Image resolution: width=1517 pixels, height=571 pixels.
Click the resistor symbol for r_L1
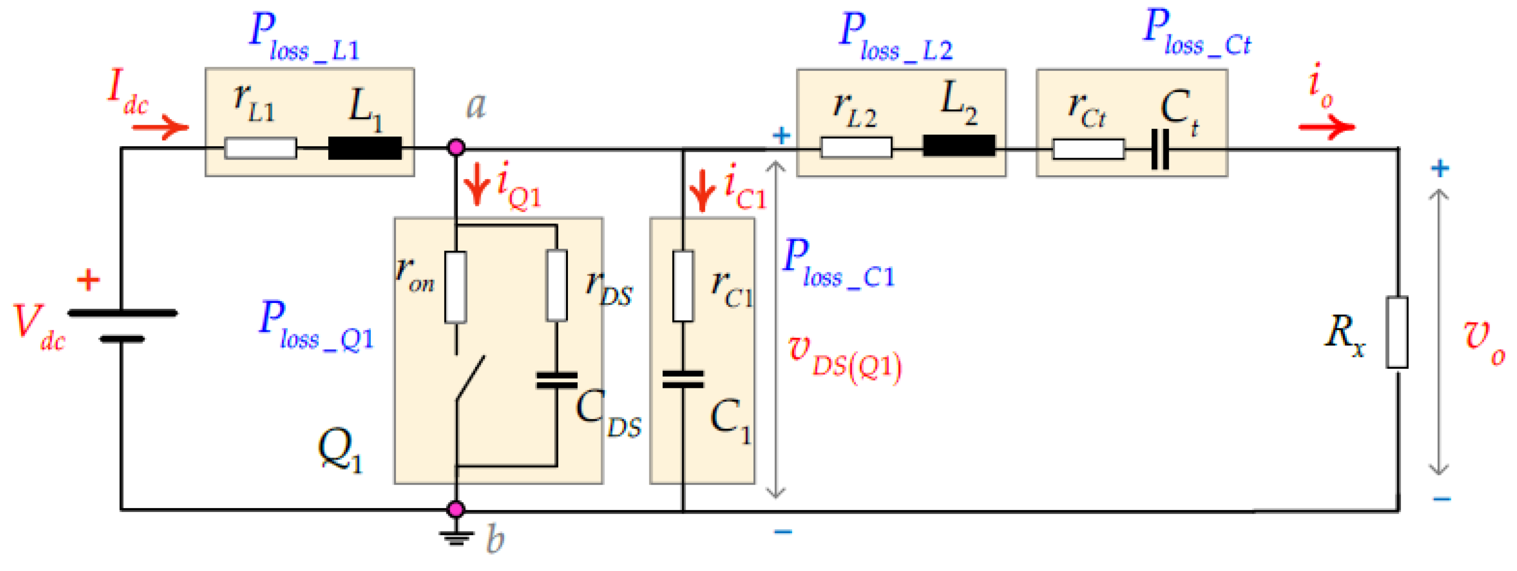pos(260,148)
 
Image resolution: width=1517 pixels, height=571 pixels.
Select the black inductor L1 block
pos(364,148)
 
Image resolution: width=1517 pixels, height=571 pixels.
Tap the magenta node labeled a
pos(456,147)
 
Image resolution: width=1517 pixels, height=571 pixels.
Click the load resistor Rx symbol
pos(1397,332)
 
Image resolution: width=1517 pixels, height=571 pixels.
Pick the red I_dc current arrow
pos(160,127)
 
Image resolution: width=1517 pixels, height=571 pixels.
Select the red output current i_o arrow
pos(1326,127)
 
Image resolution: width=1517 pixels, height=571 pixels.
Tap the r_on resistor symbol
pos(456,287)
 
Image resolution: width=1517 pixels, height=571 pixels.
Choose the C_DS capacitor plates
pos(557,381)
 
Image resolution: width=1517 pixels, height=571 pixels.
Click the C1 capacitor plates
pos(683,380)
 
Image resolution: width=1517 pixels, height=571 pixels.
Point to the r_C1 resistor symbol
pos(683,286)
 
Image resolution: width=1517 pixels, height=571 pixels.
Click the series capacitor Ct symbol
pos(1160,149)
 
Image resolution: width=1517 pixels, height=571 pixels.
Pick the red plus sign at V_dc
pos(88,280)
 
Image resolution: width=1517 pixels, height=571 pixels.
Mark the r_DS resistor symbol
pos(557,286)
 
